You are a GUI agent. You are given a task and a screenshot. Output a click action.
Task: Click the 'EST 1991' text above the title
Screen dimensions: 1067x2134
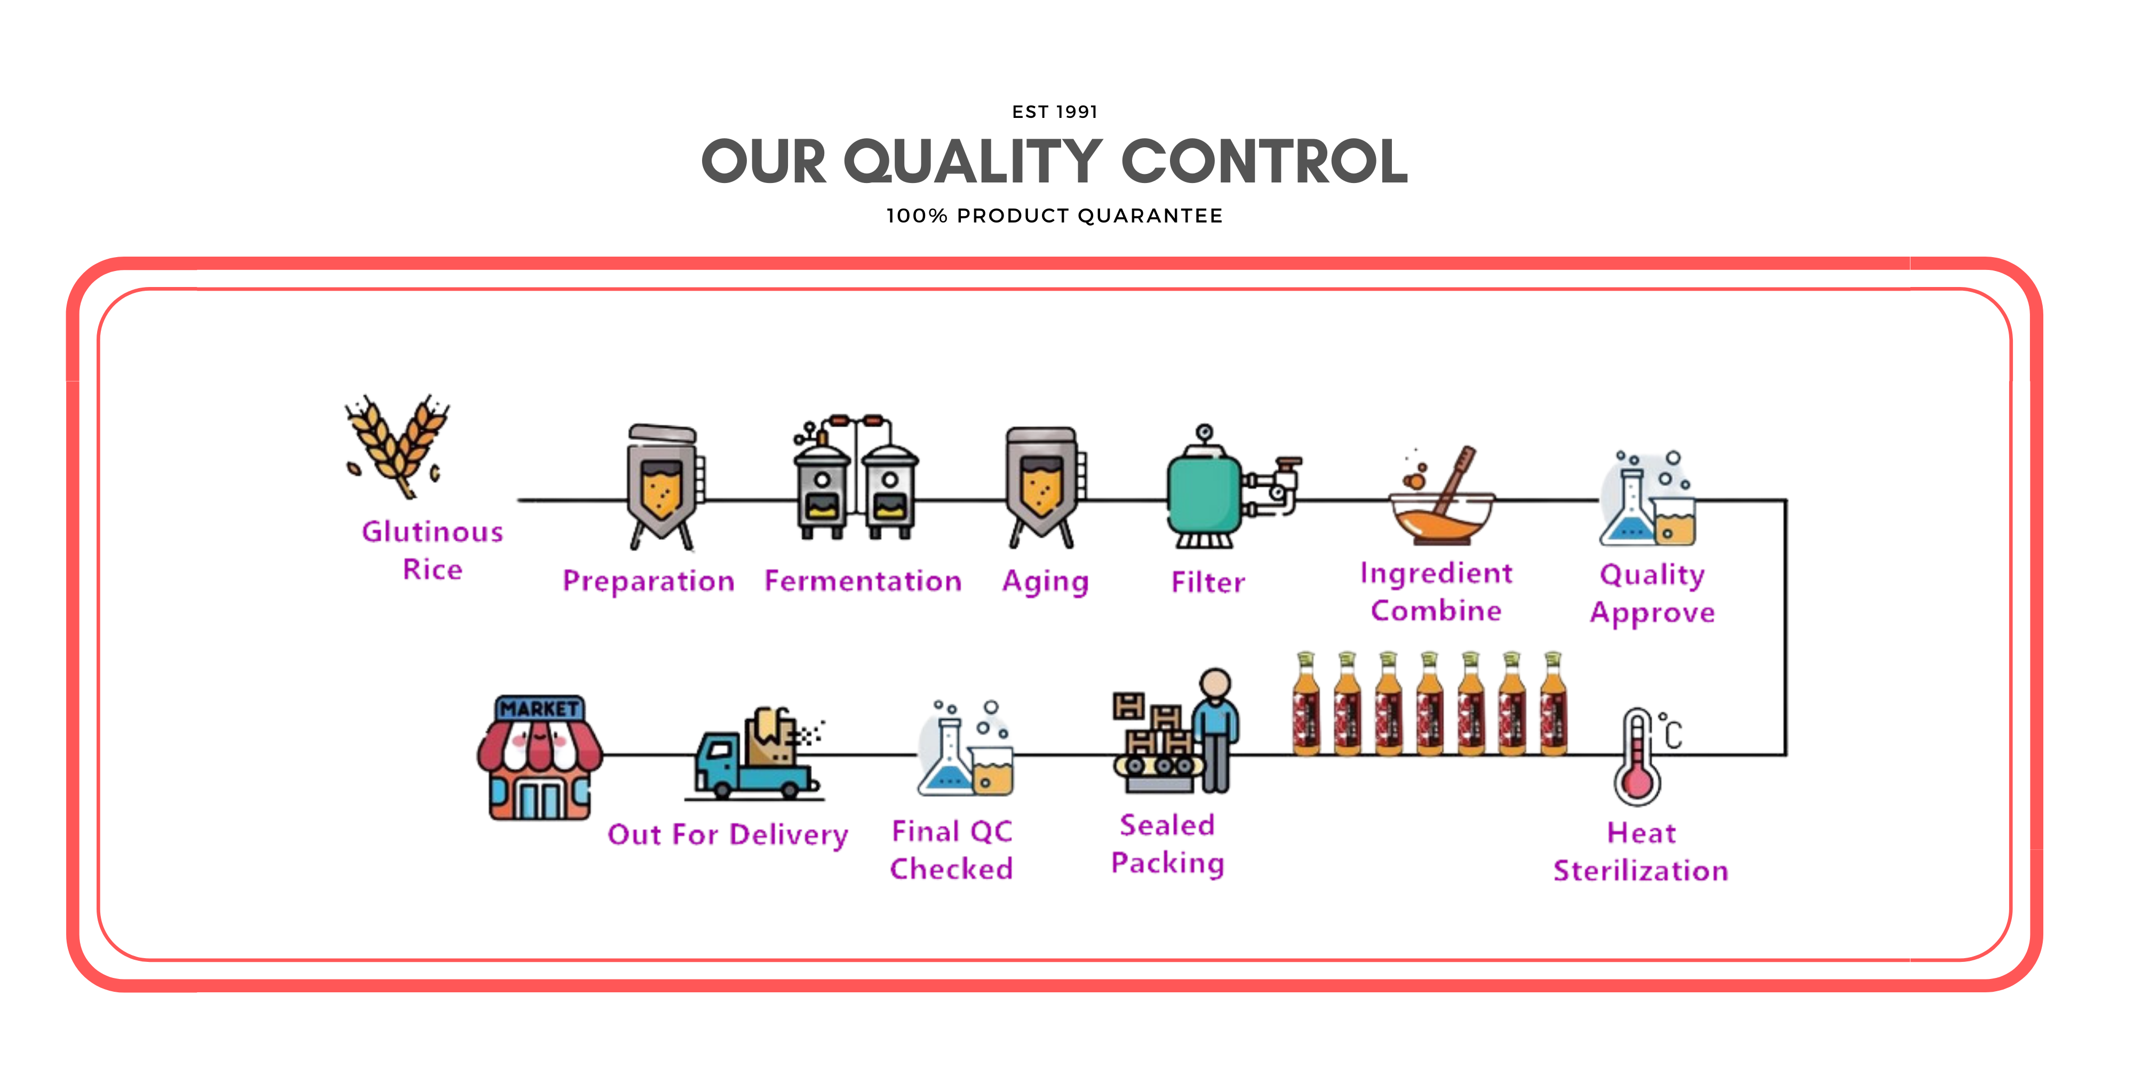click(x=1055, y=112)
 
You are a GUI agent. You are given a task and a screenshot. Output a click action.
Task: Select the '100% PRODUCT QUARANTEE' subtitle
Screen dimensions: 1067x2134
click(x=1055, y=216)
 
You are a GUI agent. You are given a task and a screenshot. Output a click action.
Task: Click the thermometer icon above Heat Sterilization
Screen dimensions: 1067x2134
click(x=1638, y=758)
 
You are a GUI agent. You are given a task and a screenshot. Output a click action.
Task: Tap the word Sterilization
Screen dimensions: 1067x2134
click(x=1641, y=871)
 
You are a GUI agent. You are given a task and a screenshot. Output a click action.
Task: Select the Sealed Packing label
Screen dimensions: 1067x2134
click(x=1167, y=844)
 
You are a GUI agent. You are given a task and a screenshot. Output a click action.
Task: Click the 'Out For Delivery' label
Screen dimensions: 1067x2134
click(x=727, y=834)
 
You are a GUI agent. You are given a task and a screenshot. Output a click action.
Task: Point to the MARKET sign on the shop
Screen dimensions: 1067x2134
click(x=540, y=709)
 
